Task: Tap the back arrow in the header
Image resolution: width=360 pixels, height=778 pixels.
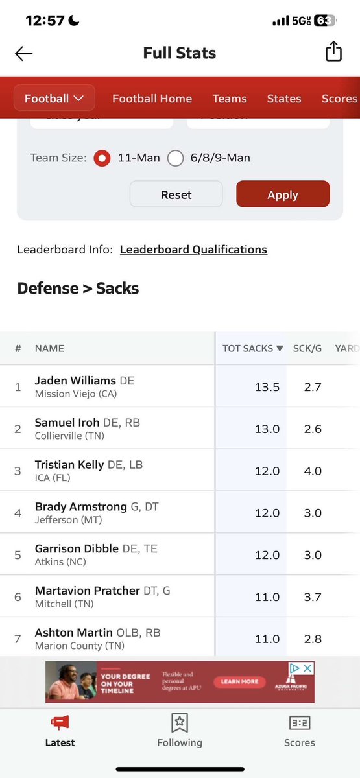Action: click(23, 54)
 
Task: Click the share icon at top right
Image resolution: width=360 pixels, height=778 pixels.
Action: click(333, 52)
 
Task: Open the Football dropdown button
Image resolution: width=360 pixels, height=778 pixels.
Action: click(54, 99)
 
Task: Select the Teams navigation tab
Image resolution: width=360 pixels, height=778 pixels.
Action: click(230, 99)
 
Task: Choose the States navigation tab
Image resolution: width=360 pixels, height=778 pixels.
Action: click(284, 99)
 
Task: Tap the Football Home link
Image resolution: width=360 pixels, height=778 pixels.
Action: click(152, 99)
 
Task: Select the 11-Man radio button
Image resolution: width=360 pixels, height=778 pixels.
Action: click(102, 158)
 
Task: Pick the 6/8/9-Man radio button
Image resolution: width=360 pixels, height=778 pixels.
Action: click(176, 158)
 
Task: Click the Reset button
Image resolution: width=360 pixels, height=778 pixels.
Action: click(176, 194)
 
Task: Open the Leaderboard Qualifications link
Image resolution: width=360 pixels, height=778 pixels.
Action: click(193, 250)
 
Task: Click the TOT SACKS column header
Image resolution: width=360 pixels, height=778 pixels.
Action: click(252, 348)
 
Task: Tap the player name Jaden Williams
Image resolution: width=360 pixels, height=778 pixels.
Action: click(75, 381)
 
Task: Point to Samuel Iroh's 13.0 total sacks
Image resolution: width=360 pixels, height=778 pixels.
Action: click(267, 429)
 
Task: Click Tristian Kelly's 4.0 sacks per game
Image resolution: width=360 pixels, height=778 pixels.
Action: click(313, 471)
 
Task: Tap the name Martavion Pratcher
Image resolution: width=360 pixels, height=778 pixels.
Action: click(87, 591)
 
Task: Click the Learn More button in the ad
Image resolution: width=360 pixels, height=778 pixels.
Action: click(240, 681)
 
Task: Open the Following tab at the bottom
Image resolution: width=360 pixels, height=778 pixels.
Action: click(180, 729)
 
